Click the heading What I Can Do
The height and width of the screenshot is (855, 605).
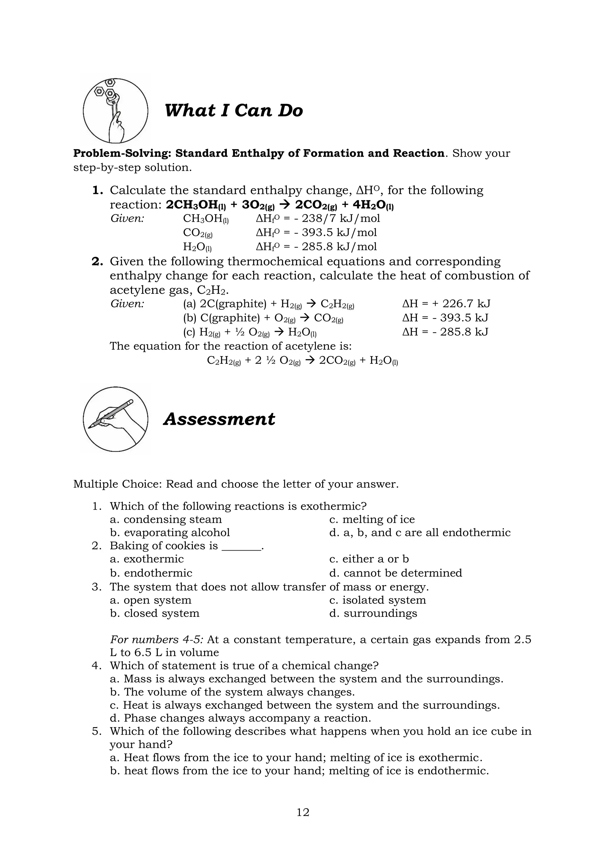coord(234,111)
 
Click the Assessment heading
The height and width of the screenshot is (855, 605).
coord(219,419)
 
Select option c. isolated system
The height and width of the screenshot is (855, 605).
coord(377,600)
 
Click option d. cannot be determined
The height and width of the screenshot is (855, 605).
coord(395,573)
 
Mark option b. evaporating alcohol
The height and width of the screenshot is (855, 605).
coord(170,533)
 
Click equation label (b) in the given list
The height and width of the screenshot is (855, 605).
coord(190,318)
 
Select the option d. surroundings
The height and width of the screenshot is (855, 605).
coord(373,613)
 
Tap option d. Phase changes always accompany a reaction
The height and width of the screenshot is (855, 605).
coord(240,718)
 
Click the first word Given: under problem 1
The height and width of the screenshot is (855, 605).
coord(127,218)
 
